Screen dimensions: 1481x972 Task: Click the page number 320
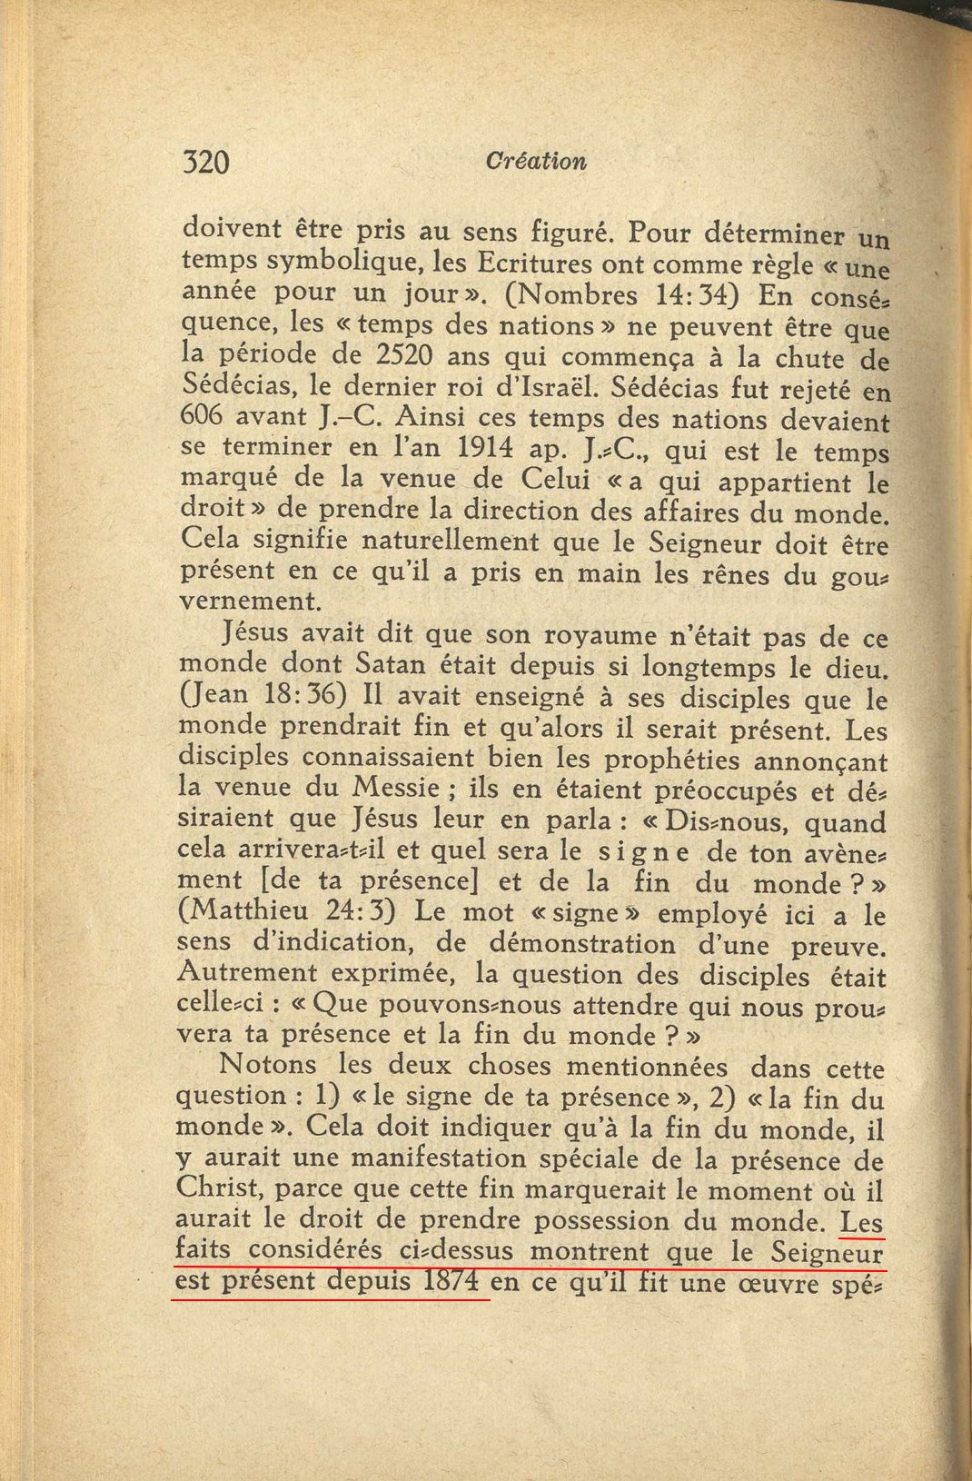point(205,163)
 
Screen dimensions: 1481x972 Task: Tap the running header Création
point(536,162)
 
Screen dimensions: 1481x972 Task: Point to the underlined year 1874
point(450,1281)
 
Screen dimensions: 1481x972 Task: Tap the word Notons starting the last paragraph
point(268,1065)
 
